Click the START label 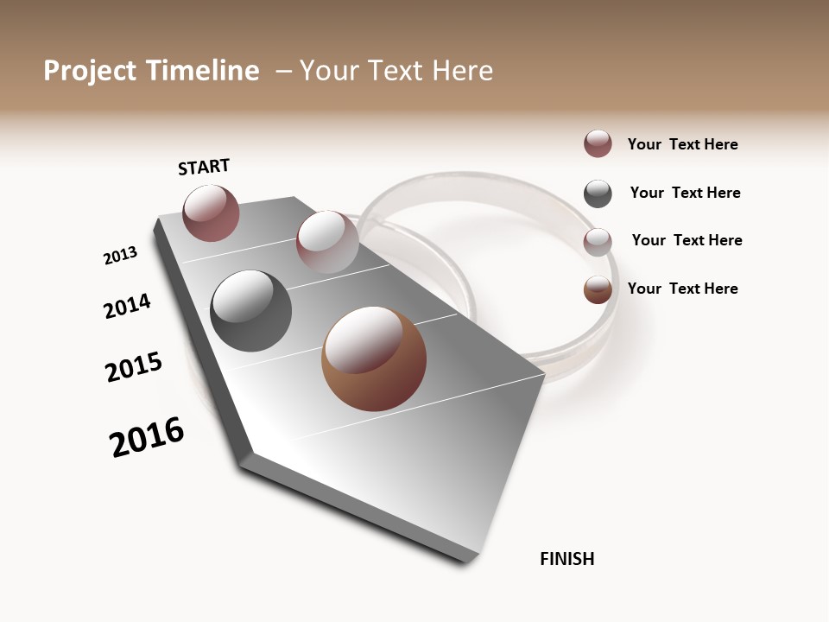[204, 167]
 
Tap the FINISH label [566, 559]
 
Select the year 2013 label [120, 256]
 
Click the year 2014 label [127, 306]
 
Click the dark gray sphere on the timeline [250, 311]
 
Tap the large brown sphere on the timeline [374, 359]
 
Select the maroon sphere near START [211, 213]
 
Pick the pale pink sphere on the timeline [327, 242]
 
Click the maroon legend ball [598, 144]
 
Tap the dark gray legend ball [598, 194]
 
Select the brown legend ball [598, 289]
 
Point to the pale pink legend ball [598, 242]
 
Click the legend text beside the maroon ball [682, 144]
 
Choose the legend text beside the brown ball [682, 289]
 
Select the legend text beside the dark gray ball [685, 193]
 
